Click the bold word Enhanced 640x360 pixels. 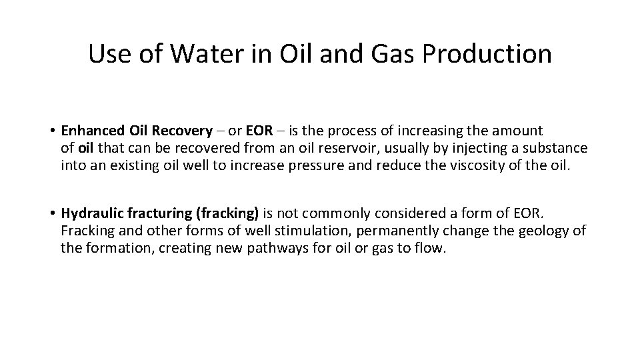point(89,131)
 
